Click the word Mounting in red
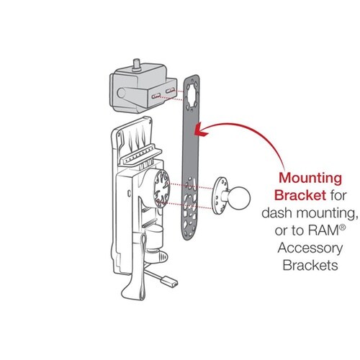coord(310,179)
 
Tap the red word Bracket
coord(300,196)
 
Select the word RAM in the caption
coord(323,230)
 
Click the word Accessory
coord(310,248)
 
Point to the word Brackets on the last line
coord(310,266)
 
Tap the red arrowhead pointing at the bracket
coord(201,130)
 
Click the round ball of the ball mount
coord(239,198)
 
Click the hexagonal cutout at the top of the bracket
coord(192,94)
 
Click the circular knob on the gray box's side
coord(122,93)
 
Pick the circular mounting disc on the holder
coord(162,189)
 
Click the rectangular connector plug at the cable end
coord(170,283)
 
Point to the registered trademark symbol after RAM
coord(343,228)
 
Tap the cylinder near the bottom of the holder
coord(154,236)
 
